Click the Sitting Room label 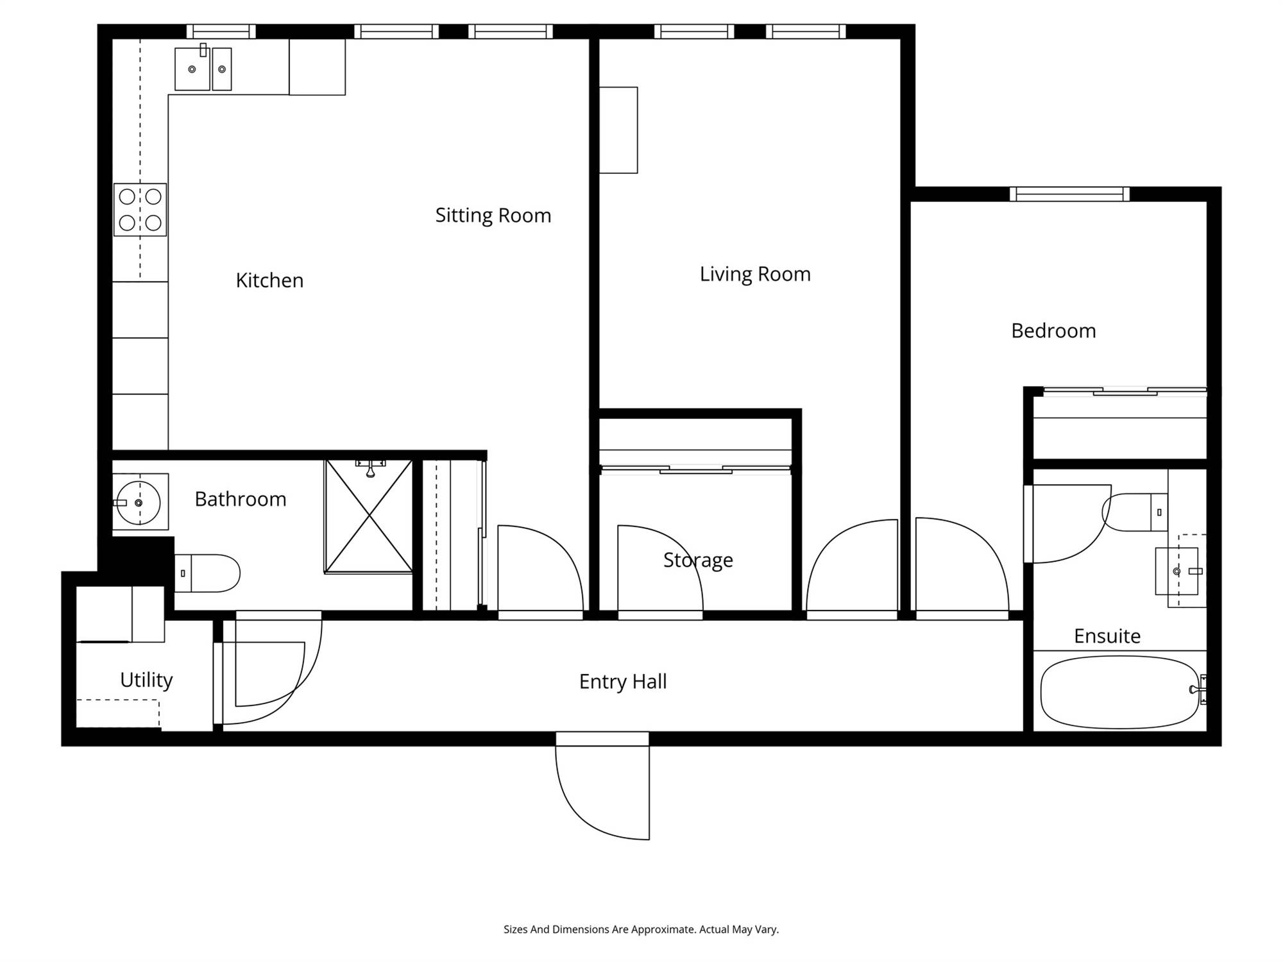coord(493,215)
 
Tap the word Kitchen coord(269,281)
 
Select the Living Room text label coord(755,274)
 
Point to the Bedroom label coord(1053,331)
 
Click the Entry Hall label coord(623,682)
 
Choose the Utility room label coord(146,680)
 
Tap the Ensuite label coord(1107,636)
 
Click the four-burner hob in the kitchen coord(140,210)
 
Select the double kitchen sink coord(203,68)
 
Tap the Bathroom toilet coord(207,573)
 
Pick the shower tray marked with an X coord(369,516)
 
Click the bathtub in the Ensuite coord(1120,691)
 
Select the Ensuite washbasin coord(1177,571)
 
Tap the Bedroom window coord(1069,194)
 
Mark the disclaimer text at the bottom coord(641,929)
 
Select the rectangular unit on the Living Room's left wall coord(618,130)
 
